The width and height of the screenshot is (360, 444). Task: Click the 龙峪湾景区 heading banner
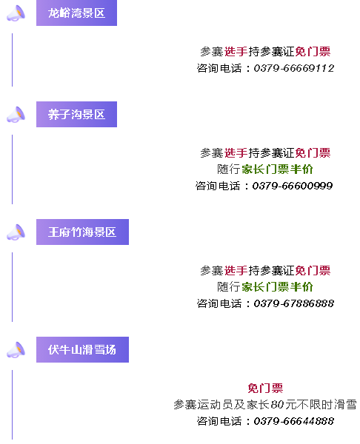click(x=76, y=13)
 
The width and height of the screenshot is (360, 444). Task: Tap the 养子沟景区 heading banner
click(x=76, y=114)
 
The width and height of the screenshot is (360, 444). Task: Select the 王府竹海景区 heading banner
click(x=82, y=232)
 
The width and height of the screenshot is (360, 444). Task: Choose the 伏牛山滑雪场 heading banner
click(x=82, y=349)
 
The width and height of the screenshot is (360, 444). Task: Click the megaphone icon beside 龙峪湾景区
click(x=16, y=13)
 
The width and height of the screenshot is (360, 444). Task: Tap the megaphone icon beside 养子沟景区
click(x=16, y=115)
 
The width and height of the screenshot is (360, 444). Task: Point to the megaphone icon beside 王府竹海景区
click(x=16, y=232)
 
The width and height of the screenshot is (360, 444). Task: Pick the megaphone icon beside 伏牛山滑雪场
click(x=16, y=350)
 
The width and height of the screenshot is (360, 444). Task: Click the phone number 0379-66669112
click(x=293, y=68)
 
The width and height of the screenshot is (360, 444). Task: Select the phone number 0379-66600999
click(x=293, y=186)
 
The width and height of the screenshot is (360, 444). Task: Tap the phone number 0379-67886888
click(x=293, y=303)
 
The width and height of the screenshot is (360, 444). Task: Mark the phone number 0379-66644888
click(x=293, y=421)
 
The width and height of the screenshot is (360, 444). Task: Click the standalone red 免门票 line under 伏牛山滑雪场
click(x=265, y=388)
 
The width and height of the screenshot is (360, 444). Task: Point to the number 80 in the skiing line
click(x=277, y=405)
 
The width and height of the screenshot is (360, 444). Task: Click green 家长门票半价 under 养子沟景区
click(x=277, y=169)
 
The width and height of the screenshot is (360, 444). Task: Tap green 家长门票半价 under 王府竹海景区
click(x=277, y=287)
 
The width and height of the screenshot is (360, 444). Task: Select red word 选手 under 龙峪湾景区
click(x=236, y=52)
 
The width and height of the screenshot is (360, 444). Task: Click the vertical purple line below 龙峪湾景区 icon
click(x=12, y=60)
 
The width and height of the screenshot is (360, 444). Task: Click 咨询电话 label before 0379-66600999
click(x=218, y=186)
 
